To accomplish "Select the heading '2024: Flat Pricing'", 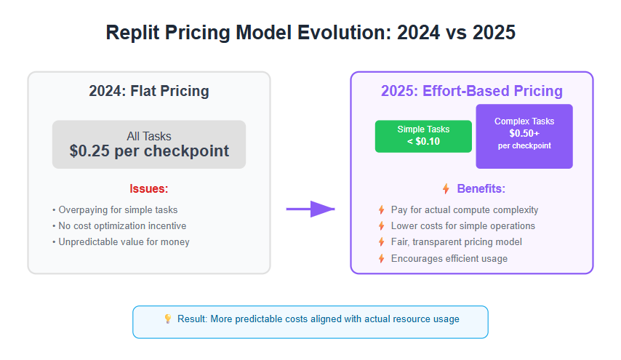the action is [149, 91].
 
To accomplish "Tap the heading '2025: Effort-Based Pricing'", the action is [472, 91].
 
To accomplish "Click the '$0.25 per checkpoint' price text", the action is [149, 151].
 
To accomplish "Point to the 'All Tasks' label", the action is [149, 136].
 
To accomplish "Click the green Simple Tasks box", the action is [423, 136].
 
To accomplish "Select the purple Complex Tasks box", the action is [524, 136].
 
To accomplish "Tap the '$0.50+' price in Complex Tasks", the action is [524, 134].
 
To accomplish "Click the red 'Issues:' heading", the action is [149, 188].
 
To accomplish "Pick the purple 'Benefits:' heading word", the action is [481, 188].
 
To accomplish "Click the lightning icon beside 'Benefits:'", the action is [446, 188].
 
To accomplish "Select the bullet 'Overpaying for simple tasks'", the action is [115, 210].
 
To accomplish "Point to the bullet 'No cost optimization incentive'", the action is [119, 225].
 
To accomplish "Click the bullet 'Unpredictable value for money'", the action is [121, 242].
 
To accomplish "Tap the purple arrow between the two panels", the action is [310, 209].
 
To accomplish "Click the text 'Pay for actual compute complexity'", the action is [465, 210].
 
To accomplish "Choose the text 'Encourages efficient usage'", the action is [449, 259].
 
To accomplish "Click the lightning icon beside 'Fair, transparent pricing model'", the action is [381, 242].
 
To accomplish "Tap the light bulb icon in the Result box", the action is [168, 319].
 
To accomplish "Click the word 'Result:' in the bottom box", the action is [192, 319].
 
